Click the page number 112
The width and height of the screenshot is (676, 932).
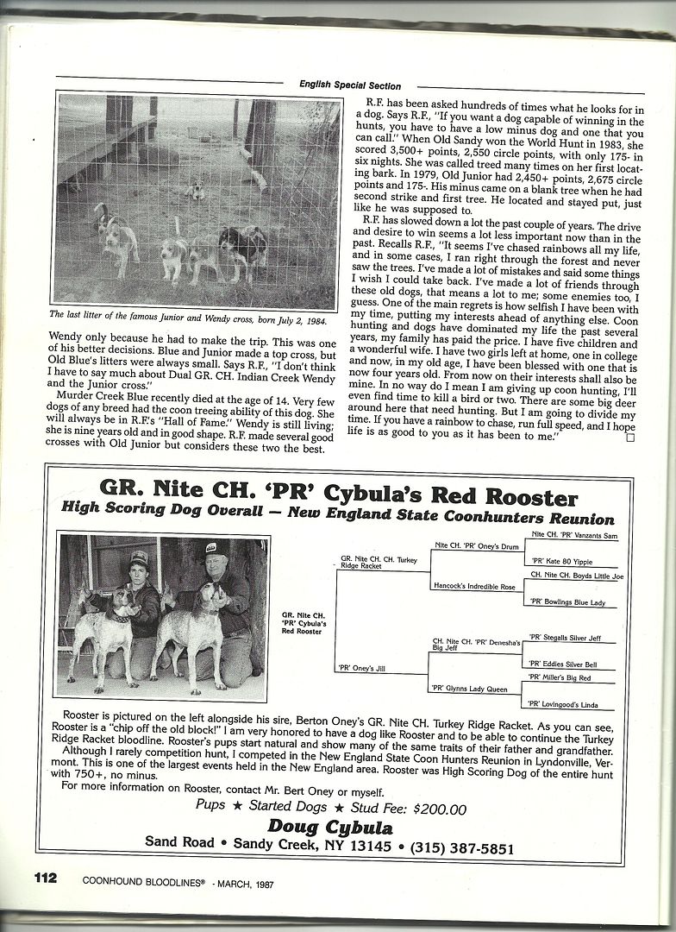(45, 878)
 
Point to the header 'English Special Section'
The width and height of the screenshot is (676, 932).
(349, 85)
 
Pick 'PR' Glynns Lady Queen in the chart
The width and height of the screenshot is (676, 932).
(469, 688)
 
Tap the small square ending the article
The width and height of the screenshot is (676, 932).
(629, 438)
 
